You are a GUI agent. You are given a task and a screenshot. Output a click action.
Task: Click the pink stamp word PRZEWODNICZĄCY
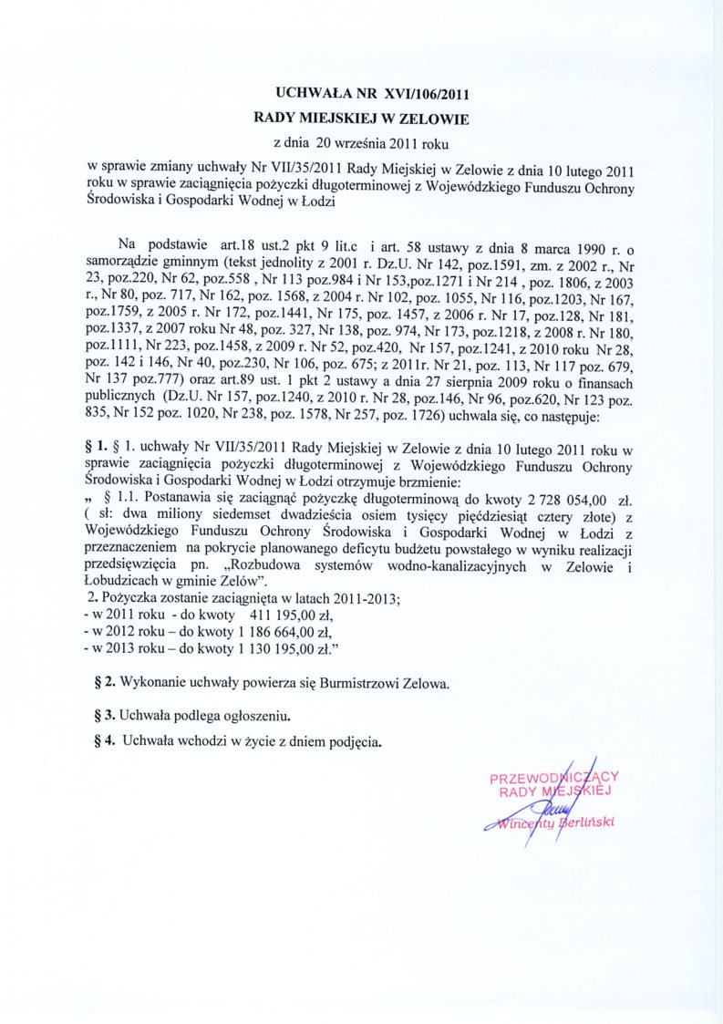point(554,778)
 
